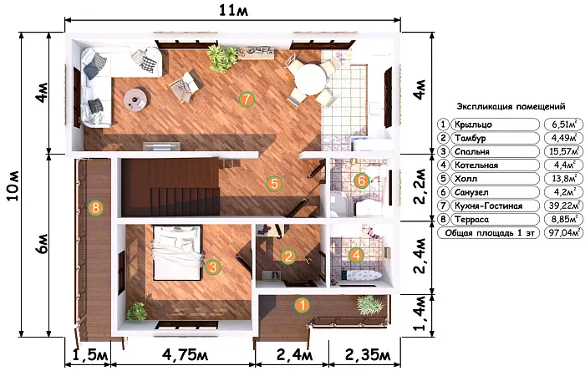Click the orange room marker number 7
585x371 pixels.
247,99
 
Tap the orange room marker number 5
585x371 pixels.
274,184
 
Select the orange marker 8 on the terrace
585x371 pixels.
95,208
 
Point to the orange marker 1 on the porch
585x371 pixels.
303,305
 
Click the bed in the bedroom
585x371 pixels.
177,252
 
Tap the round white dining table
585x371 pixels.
310,79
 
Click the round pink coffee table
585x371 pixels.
135,99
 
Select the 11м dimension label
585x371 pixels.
233,10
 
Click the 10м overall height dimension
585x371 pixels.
13,185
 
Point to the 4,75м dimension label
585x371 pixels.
185,355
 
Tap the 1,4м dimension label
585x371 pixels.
420,313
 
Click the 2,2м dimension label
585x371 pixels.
420,186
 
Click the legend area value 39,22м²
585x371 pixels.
564,206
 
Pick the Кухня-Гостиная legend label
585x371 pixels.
488,206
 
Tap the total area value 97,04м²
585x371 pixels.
564,233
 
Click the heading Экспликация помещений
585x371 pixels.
511,107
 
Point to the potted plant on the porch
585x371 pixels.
369,305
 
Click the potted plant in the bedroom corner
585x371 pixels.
136,312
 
